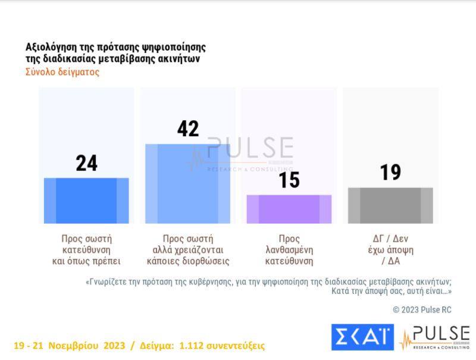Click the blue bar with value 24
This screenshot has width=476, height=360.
click(86, 201)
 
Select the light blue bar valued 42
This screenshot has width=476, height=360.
click(187, 183)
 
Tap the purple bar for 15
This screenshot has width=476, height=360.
click(289, 209)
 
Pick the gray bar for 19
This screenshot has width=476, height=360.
click(390, 205)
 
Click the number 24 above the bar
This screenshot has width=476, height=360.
click(86, 163)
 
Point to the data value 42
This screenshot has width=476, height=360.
click(188, 129)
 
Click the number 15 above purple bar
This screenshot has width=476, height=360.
click(289, 180)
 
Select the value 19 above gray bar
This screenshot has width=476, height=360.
click(390, 173)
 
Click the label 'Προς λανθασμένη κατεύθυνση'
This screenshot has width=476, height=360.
click(289, 249)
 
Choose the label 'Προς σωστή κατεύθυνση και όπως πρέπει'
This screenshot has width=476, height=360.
click(86, 249)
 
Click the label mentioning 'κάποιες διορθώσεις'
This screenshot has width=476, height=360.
click(188, 261)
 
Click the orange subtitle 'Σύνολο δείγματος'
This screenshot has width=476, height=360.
click(62, 73)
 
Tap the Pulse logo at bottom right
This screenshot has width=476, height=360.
click(434, 337)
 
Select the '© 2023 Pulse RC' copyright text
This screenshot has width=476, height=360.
click(422, 309)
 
